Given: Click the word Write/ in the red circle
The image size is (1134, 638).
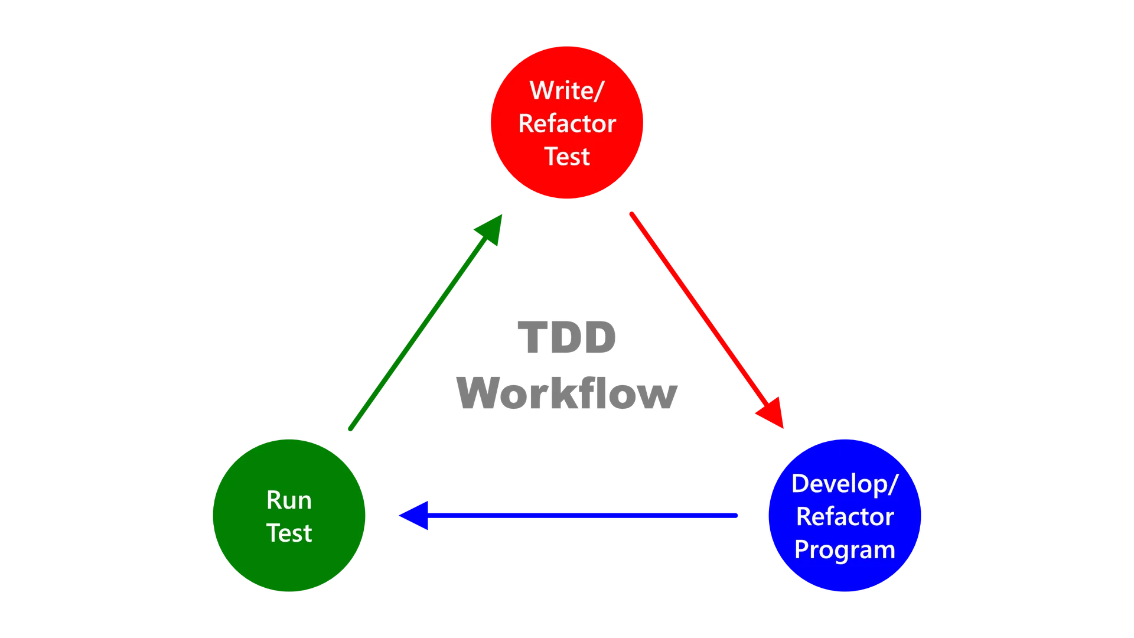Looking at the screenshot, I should pyautogui.click(x=566, y=91).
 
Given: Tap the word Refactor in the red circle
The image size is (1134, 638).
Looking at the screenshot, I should pyautogui.click(x=567, y=124).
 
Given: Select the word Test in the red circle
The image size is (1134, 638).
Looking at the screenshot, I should pyautogui.click(x=567, y=157).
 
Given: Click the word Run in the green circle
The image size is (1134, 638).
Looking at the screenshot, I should pyautogui.click(x=289, y=500).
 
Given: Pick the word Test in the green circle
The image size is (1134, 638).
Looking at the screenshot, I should pyautogui.click(x=289, y=533).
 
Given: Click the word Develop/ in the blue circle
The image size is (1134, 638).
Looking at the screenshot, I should pyautogui.click(x=845, y=484).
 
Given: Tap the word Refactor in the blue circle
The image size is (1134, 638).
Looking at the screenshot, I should pyautogui.click(x=845, y=517).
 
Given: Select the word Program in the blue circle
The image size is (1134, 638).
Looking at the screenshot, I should pyautogui.click(x=845, y=550).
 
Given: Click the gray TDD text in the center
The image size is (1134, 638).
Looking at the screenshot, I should pyautogui.click(x=567, y=337).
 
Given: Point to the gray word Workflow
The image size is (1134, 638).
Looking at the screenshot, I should pyautogui.click(x=567, y=393).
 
